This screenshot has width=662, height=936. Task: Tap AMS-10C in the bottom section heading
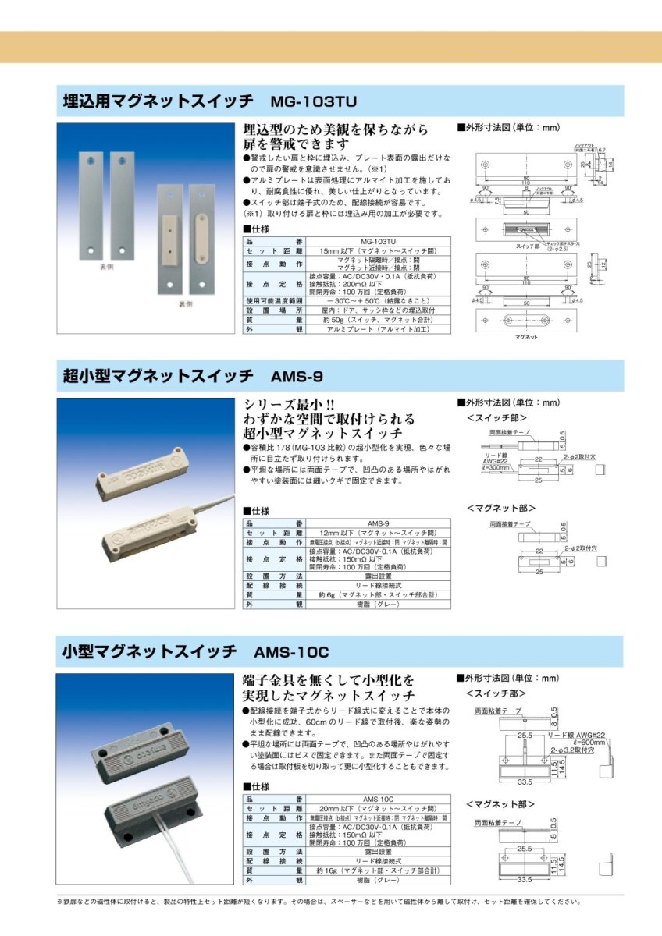click(292, 651)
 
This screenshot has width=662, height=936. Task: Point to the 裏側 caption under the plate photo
click(183, 305)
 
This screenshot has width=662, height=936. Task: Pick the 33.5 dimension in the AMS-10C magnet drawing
click(524, 879)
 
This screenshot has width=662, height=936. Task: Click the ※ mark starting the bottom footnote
click(60, 902)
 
